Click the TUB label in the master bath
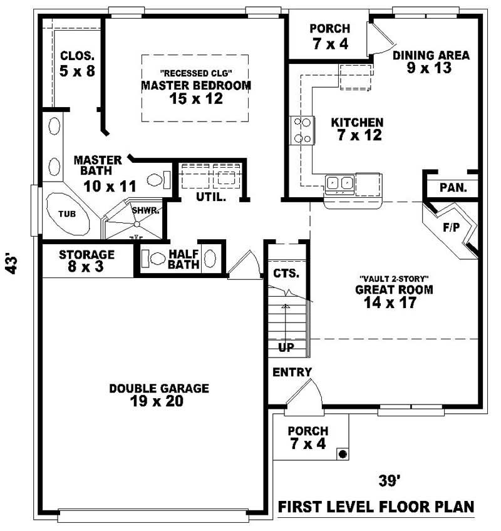click(67, 214)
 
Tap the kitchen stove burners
click(302, 131)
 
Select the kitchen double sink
click(339, 183)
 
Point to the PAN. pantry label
click(452, 187)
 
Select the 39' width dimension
click(389, 481)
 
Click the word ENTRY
click(292, 373)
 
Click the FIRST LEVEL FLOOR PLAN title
click(376, 506)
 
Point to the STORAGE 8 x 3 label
click(86, 260)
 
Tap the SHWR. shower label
click(145, 210)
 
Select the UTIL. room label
click(211, 197)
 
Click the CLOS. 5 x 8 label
click(77, 63)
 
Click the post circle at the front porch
click(343, 453)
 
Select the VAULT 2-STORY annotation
click(394, 278)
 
